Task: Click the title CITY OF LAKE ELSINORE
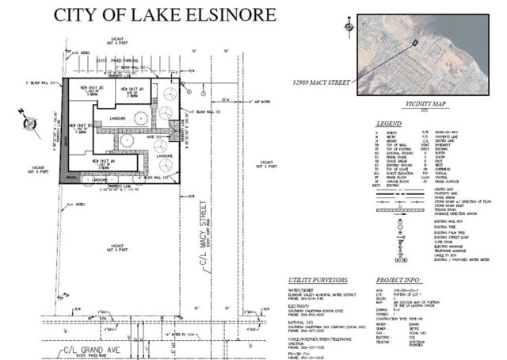tap(164, 15)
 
